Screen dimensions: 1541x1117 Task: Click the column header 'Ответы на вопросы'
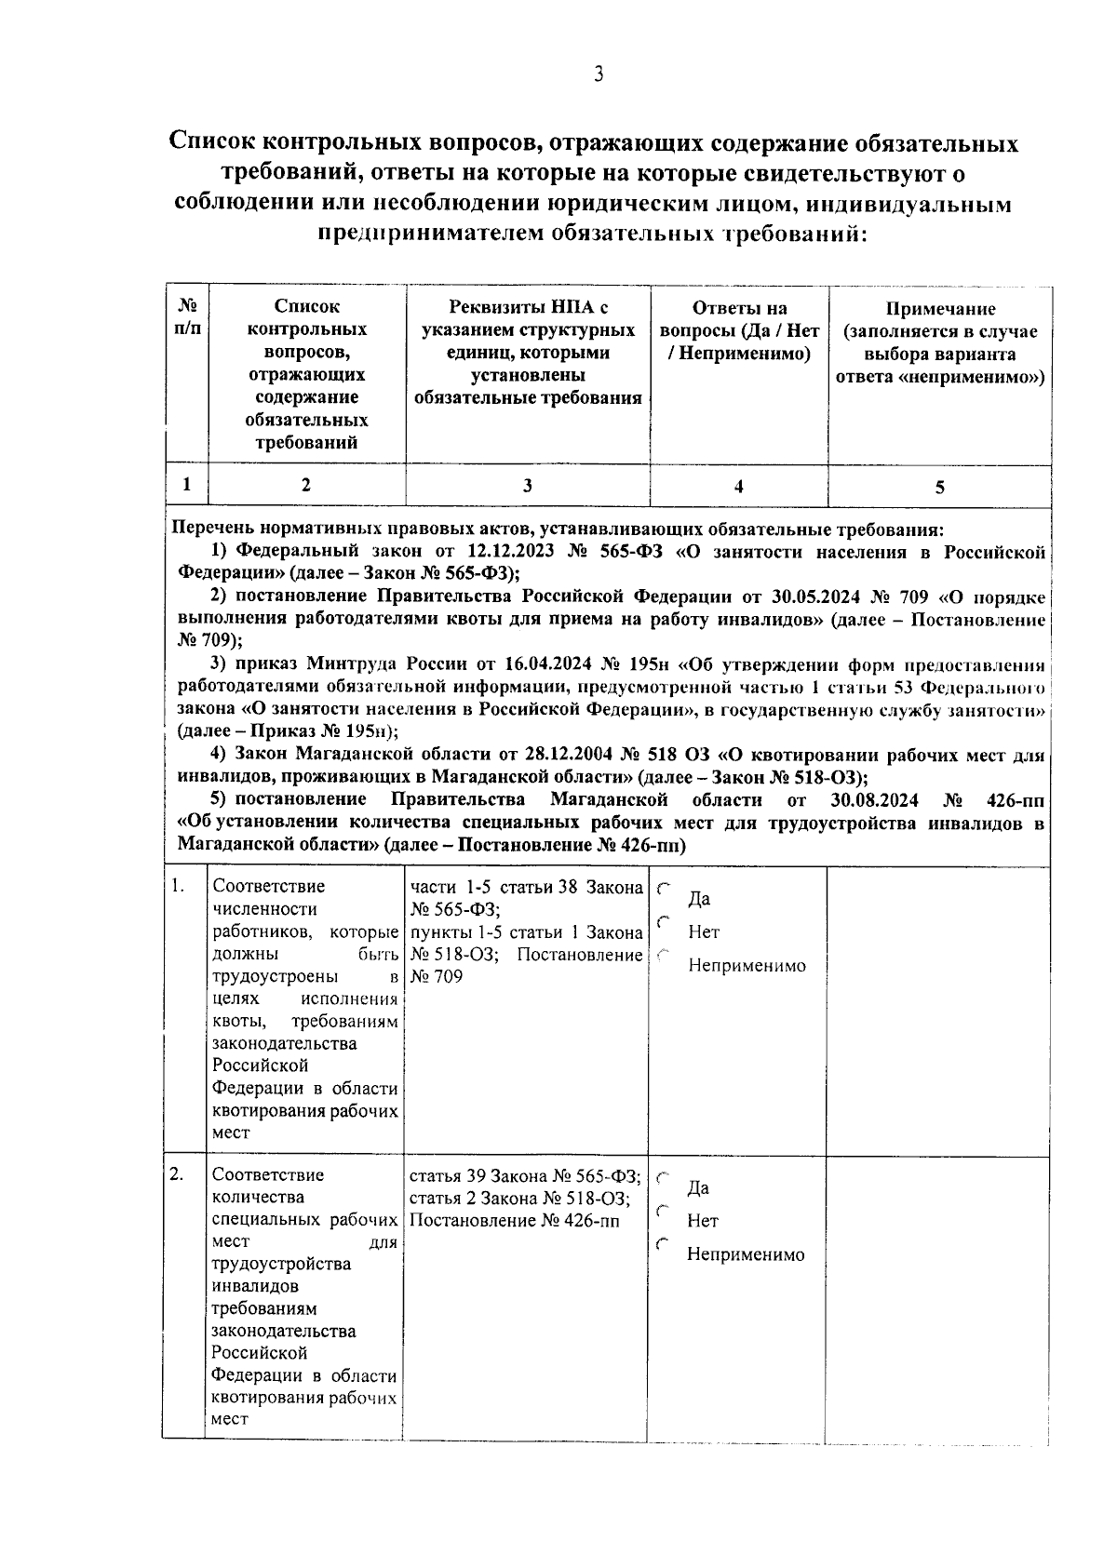coord(739,331)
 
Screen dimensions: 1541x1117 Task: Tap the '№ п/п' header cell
coord(187,316)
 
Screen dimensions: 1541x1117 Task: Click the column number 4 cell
coord(738,486)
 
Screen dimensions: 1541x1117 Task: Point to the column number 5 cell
coord(939,487)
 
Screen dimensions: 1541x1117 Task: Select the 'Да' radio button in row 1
coord(663,890)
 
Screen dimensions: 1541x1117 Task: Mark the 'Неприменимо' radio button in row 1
coord(663,955)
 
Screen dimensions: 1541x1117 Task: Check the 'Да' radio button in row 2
coord(663,1178)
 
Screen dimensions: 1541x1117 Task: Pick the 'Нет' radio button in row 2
coord(663,1211)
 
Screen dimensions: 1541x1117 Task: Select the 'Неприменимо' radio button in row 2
coord(663,1244)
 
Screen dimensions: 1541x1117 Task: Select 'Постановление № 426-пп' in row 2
coord(514,1220)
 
